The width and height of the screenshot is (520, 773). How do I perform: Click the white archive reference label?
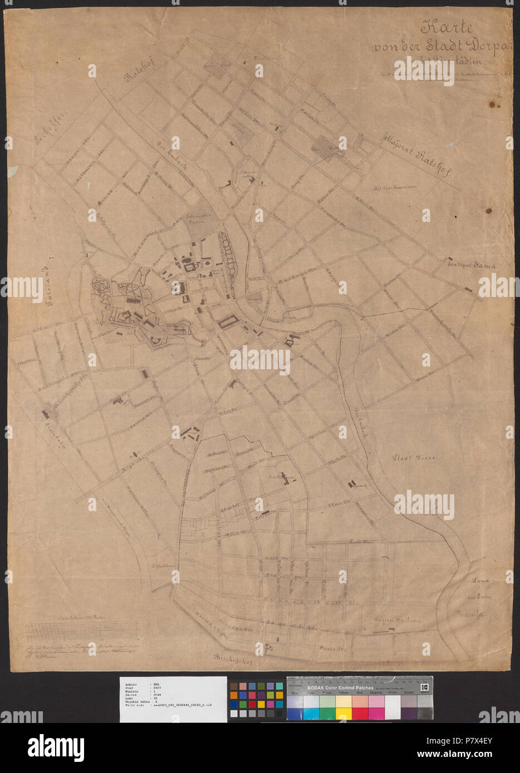[x=173, y=699]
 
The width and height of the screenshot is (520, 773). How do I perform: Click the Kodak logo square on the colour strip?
[x=426, y=685]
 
